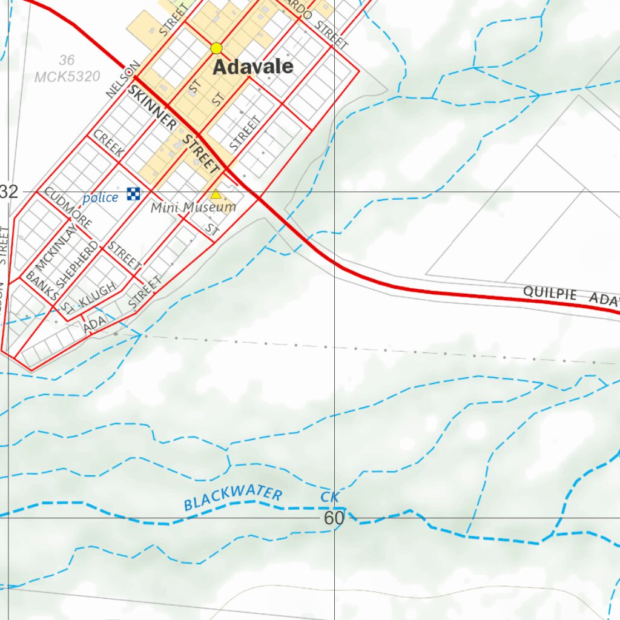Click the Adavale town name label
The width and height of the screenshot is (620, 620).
click(253, 67)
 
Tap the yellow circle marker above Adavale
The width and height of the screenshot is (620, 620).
click(216, 48)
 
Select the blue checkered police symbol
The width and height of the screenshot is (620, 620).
click(133, 194)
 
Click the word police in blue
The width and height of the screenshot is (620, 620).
click(101, 198)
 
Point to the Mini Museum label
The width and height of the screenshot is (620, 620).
click(193, 208)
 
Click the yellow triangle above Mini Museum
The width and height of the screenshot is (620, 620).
click(216, 194)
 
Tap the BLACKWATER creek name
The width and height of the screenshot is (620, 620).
click(233, 498)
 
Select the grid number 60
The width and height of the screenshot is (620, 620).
click(334, 518)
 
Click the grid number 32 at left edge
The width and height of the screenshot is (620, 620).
click(9, 193)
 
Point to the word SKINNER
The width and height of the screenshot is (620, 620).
click(152, 107)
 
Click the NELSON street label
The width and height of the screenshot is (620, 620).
click(122, 79)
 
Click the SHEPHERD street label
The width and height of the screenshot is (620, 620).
click(77, 265)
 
